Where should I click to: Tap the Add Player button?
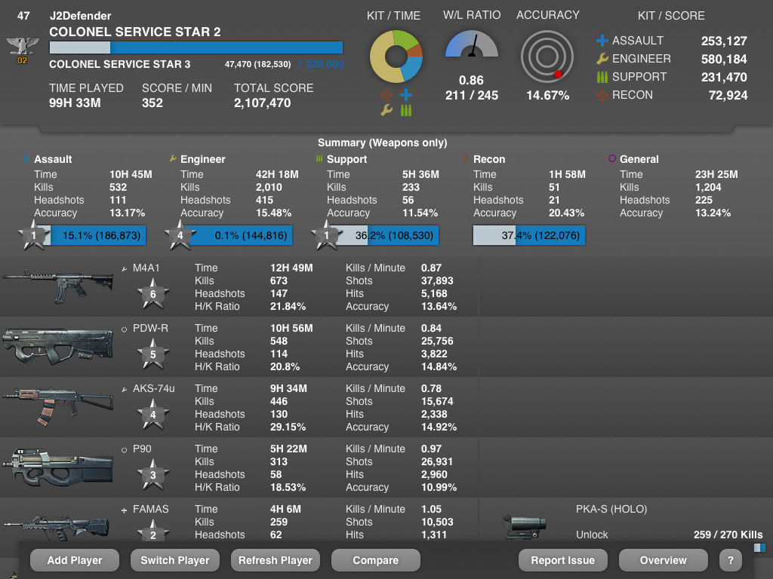tap(74, 560)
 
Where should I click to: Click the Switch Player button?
tap(174, 560)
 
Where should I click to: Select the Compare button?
tap(375, 560)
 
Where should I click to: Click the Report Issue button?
tap(562, 560)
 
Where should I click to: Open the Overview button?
tap(663, 560)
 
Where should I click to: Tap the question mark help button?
tap(730, 560)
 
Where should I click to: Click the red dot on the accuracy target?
tap(558, 74)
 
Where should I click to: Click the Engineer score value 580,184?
tap(724, 59)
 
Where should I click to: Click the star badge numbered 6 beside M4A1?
tap(153, 294)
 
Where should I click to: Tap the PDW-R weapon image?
tap(57, 347)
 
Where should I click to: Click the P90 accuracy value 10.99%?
tap(439, 487)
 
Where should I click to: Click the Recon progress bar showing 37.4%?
tap(528, 235)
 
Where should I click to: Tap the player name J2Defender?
tap(80, 16)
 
